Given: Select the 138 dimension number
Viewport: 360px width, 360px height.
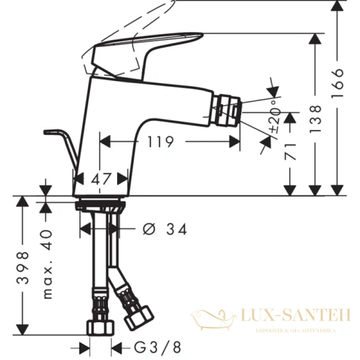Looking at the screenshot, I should (316, 118).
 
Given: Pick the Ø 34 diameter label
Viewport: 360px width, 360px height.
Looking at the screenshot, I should (166, 229).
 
